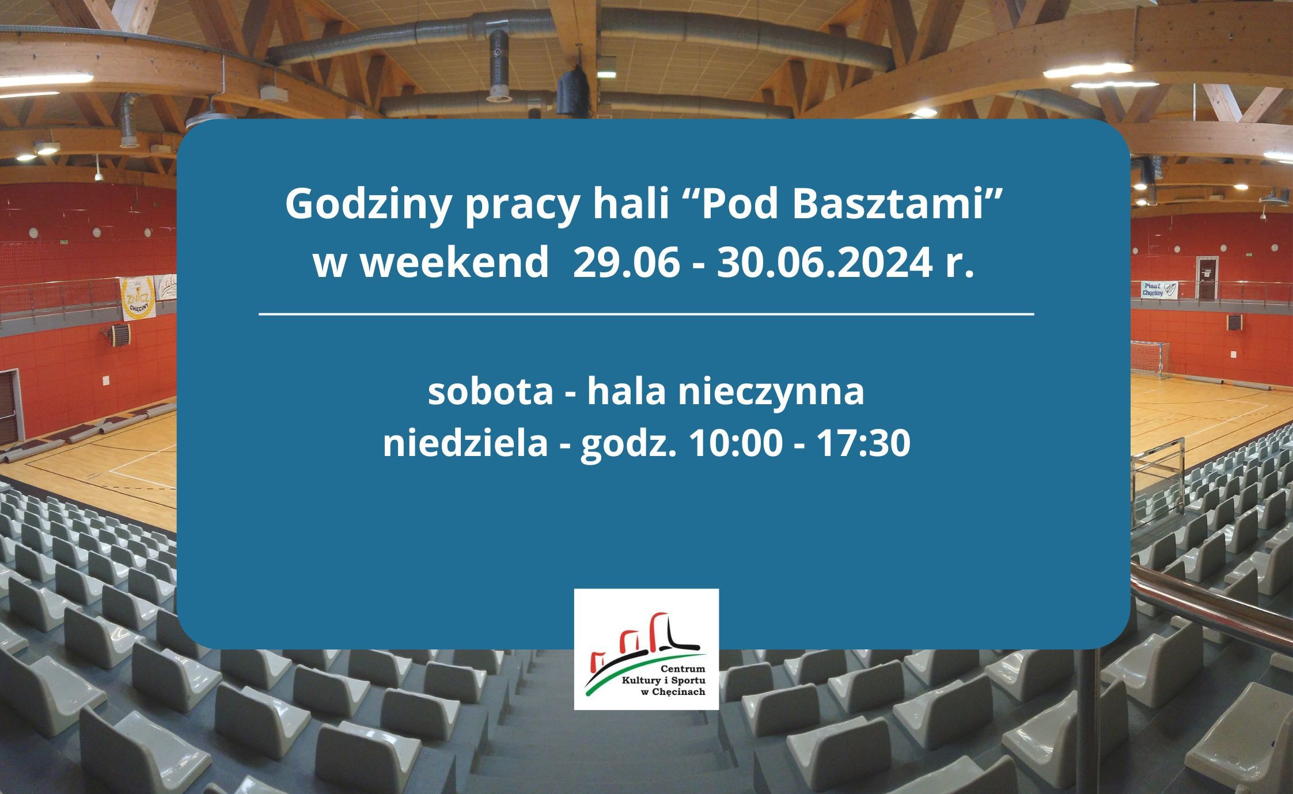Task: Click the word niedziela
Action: [x=465, y=443]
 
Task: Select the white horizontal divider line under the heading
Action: [x=646, y=314]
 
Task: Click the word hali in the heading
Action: [x=623, y=204]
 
